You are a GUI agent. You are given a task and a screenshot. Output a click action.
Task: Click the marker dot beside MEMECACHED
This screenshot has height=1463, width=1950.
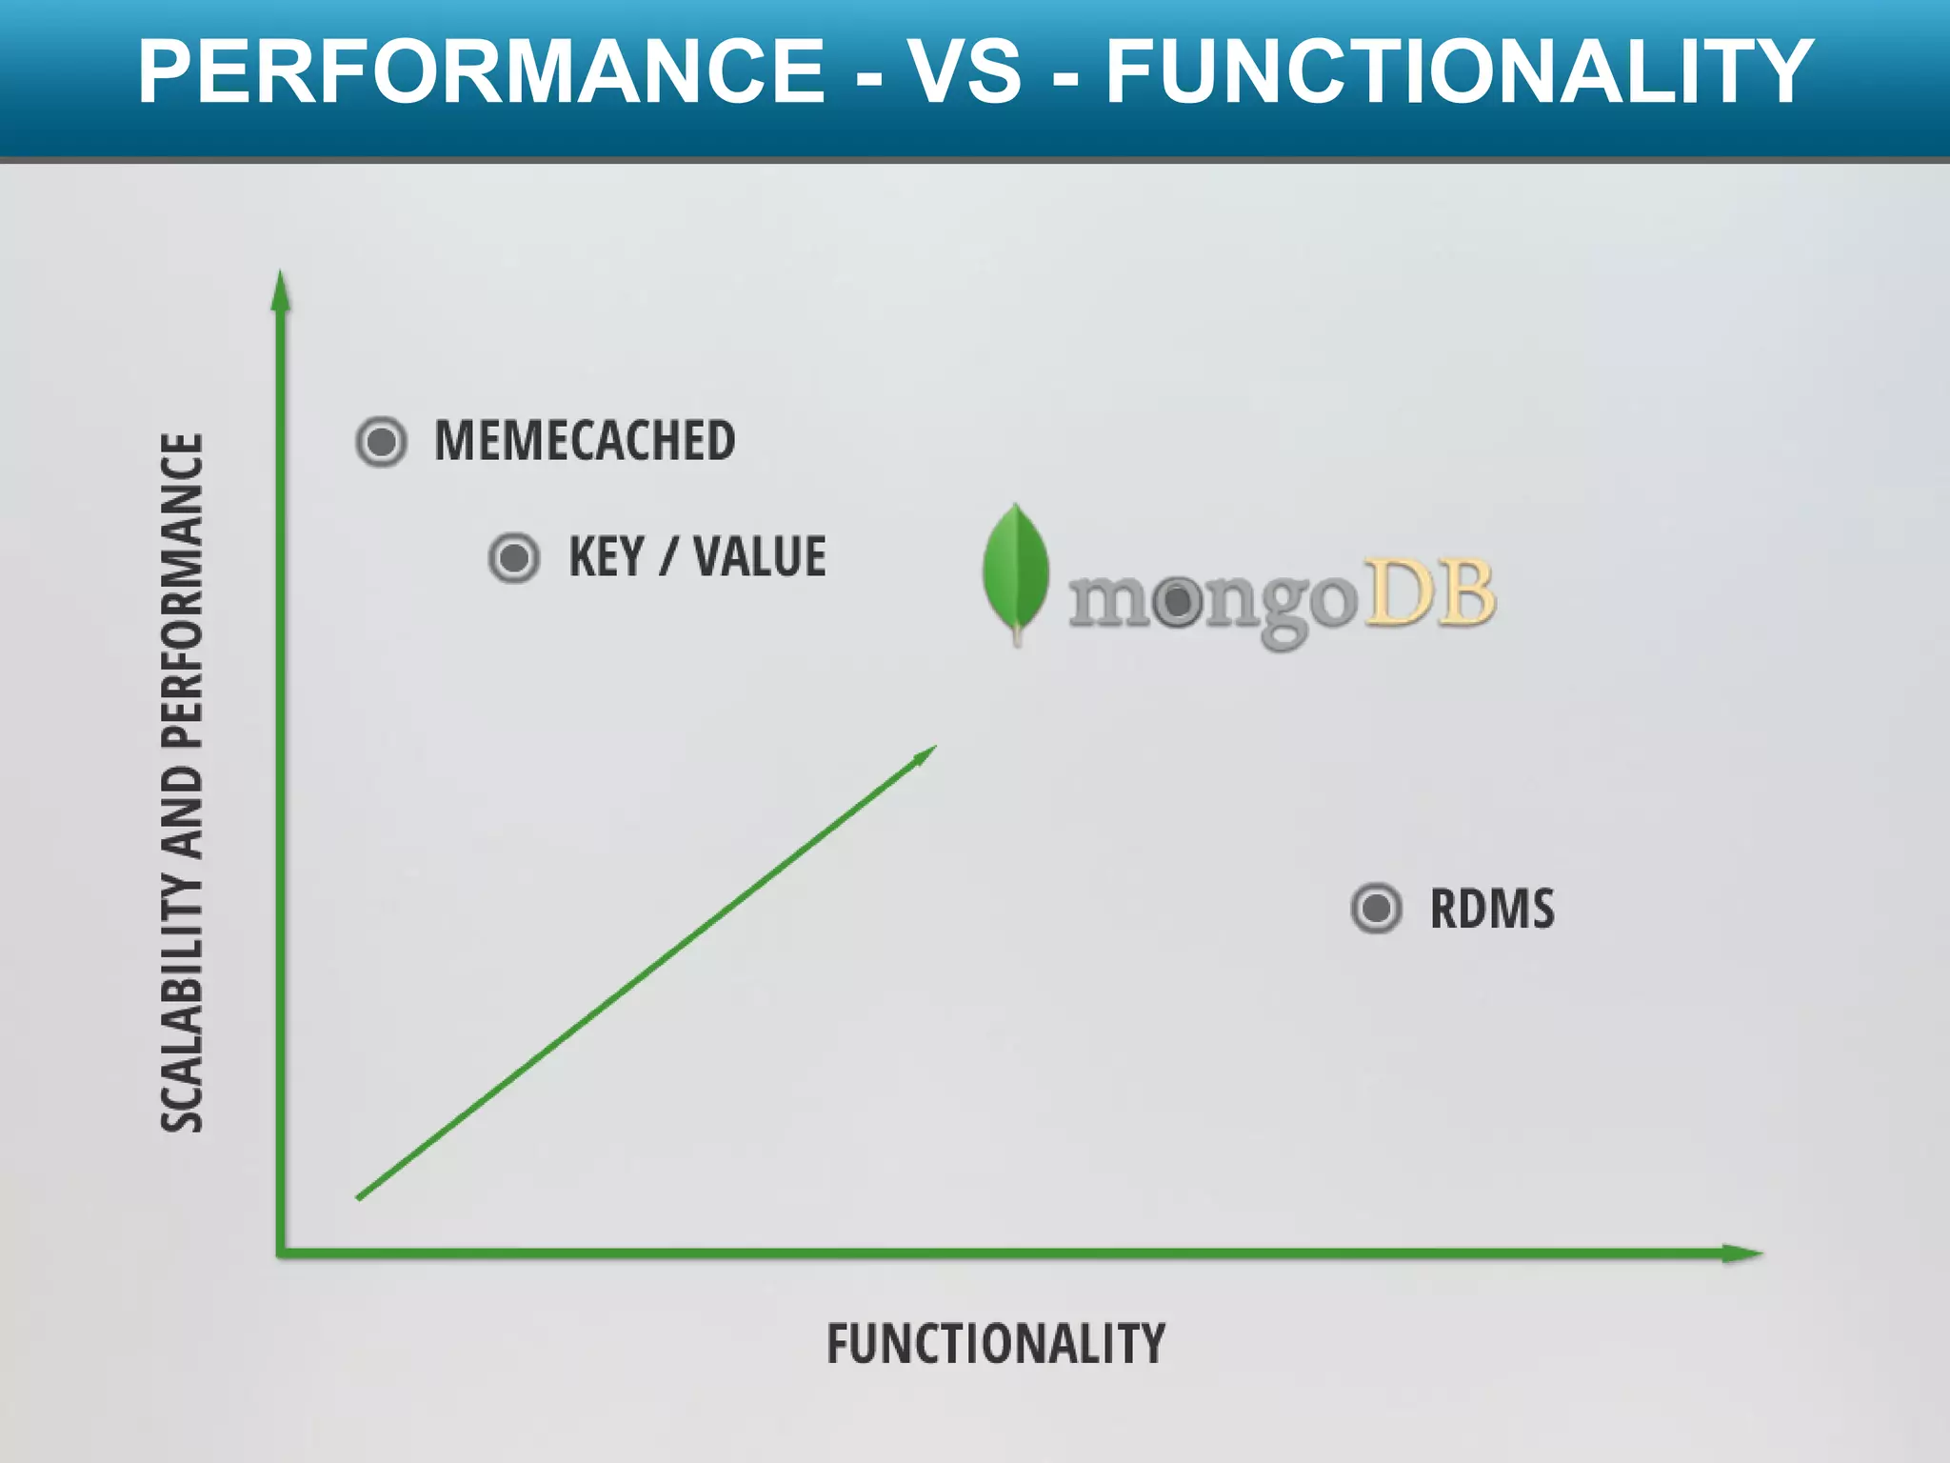click(x=382, y=442)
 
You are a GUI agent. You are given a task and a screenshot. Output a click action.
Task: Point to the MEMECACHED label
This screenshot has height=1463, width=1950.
click(x=585, y=441)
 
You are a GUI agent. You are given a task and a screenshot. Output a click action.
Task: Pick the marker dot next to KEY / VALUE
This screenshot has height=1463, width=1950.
click(x=514, y=557)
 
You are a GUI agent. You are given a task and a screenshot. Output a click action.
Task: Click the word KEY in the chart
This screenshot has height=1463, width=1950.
click(x=607, y=557)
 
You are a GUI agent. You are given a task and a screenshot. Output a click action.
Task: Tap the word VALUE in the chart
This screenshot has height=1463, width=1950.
click(x=759, y=557)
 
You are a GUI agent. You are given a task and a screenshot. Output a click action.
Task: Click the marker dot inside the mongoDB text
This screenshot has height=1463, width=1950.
click(x=1178, y=601)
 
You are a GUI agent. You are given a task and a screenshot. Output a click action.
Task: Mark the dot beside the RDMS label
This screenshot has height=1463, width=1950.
click(x=1376, y=908)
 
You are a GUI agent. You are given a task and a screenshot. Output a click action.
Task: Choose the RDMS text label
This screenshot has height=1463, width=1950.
click(x=1492, y=909)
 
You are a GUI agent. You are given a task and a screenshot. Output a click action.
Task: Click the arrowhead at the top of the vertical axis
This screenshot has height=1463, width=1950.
click(x=280, y=290)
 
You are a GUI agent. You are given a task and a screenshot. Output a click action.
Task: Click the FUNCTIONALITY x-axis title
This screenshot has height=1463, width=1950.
click(x=995, y=1344)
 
